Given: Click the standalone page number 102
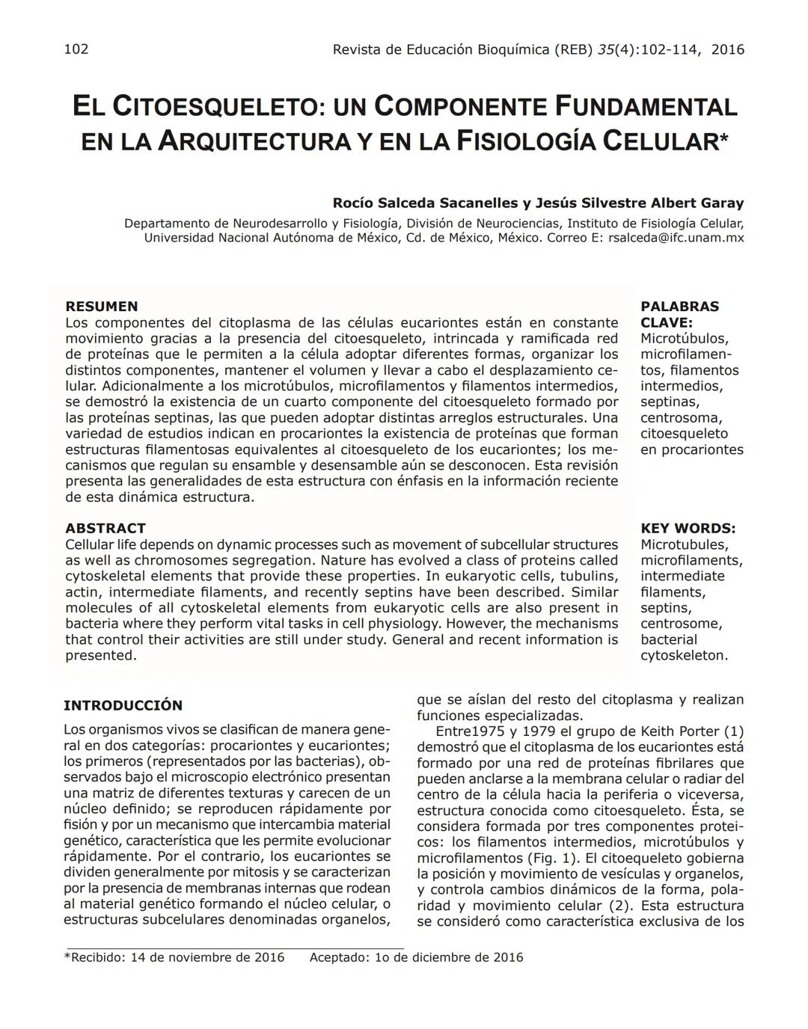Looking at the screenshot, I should tap(76, 49).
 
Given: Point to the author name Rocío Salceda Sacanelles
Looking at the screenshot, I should tap(425, 203).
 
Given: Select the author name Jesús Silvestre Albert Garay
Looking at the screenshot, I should tap(640, 203).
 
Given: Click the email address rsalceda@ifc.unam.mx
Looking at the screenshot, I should tap(676, 238).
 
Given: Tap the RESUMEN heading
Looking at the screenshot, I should tap(102, 307).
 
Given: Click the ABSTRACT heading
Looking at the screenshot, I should tap(105, 528).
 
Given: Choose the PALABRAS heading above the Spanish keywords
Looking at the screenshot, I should tap(679, 307).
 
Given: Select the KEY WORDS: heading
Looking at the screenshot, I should tap(688, 528).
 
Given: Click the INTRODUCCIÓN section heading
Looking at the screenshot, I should tap(123, 705).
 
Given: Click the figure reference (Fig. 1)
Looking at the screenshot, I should tap(553, 858).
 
